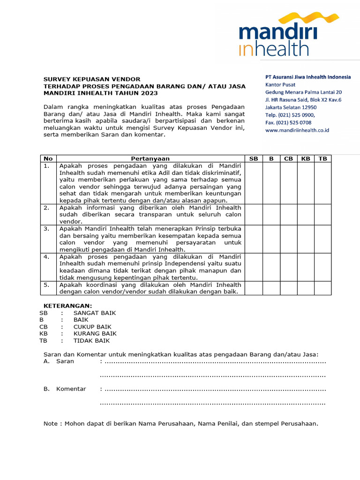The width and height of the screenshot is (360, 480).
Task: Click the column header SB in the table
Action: [254, 159]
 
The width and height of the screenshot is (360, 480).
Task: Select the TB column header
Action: [322, 159]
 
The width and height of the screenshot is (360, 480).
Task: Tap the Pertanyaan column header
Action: [150, 159]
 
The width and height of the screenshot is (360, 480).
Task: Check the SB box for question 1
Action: [254, 183]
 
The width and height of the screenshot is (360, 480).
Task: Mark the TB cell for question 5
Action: [322, 288]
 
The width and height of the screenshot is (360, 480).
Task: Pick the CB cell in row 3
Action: [288, 239]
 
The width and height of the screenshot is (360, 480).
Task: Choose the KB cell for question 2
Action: [306, 214]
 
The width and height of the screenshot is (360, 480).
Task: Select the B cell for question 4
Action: [271, 267]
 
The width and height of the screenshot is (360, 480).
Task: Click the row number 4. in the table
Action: [46, 257]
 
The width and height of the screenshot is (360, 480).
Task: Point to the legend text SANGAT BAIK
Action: [94, 313]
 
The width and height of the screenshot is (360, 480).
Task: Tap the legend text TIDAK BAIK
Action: [91, 341]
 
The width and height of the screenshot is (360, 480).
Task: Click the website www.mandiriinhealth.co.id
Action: [297, 130]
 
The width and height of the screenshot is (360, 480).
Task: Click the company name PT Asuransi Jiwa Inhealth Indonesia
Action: [307, 77]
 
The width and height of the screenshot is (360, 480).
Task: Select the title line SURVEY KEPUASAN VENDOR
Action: [92, 79]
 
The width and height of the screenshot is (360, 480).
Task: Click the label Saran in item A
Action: [65, 361]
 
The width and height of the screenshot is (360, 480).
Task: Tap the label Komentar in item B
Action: [71, 389]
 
